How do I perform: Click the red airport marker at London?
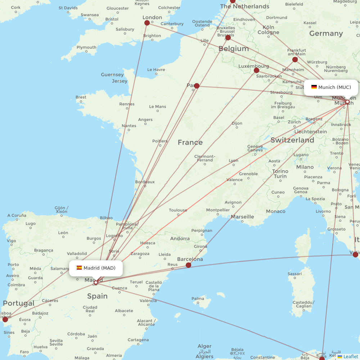tap(147, 23)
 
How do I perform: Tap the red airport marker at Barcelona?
tap(188, 265)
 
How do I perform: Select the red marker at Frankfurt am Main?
tap(295, 59)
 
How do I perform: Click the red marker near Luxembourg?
tap(257, 70)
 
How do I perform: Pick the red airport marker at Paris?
tap(197, 86)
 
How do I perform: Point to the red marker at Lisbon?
tap(5, 319)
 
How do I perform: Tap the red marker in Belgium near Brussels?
tap(228, 37)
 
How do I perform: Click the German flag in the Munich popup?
tap(314, 87)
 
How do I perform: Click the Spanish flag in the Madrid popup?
tap(79, 268)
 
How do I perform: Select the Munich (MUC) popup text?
tap(334, 87)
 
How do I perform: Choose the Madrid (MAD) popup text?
tap(99, 268)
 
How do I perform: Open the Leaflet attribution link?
tap(350, 356)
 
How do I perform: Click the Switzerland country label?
tap(292, 140)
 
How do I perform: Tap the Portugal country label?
tap(19, 303)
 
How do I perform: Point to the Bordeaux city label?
tap(145, 182)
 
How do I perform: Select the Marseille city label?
tap(242, 217)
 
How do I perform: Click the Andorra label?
tap(180, 238)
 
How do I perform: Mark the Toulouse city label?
tap(178, 210)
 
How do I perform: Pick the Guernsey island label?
tap(112, 75)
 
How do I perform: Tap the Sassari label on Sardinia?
tap(294, 274)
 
